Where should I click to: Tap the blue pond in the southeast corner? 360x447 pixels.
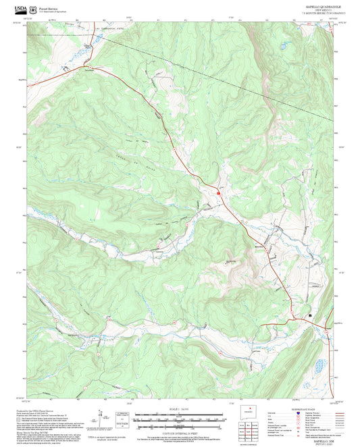click(x=315, y=368)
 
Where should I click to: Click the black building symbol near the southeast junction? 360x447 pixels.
click(x=310, y=315)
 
